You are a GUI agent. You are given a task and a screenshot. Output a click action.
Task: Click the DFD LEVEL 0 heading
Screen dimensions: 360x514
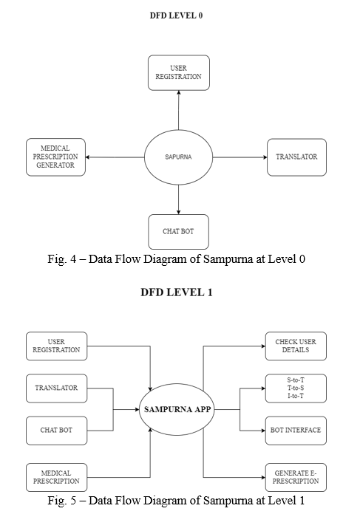click(176, 16)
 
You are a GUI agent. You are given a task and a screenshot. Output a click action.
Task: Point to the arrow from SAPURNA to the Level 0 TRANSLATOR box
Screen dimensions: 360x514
click(240, 157)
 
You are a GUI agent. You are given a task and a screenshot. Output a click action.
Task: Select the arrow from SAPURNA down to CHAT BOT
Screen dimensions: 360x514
click(179, 199)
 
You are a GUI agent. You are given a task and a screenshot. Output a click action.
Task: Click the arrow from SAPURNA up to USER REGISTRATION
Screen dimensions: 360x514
click(179, 110)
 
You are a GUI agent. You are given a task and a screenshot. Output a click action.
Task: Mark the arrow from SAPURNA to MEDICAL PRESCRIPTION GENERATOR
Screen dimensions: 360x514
click(115, 157)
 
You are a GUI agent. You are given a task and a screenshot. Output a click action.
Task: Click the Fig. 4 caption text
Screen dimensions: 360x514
click(176, 259)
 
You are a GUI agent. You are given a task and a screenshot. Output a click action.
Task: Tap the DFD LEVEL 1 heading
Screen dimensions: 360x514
click(177, 292)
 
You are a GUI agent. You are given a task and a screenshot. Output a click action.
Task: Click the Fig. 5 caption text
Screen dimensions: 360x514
click(176, 501)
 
